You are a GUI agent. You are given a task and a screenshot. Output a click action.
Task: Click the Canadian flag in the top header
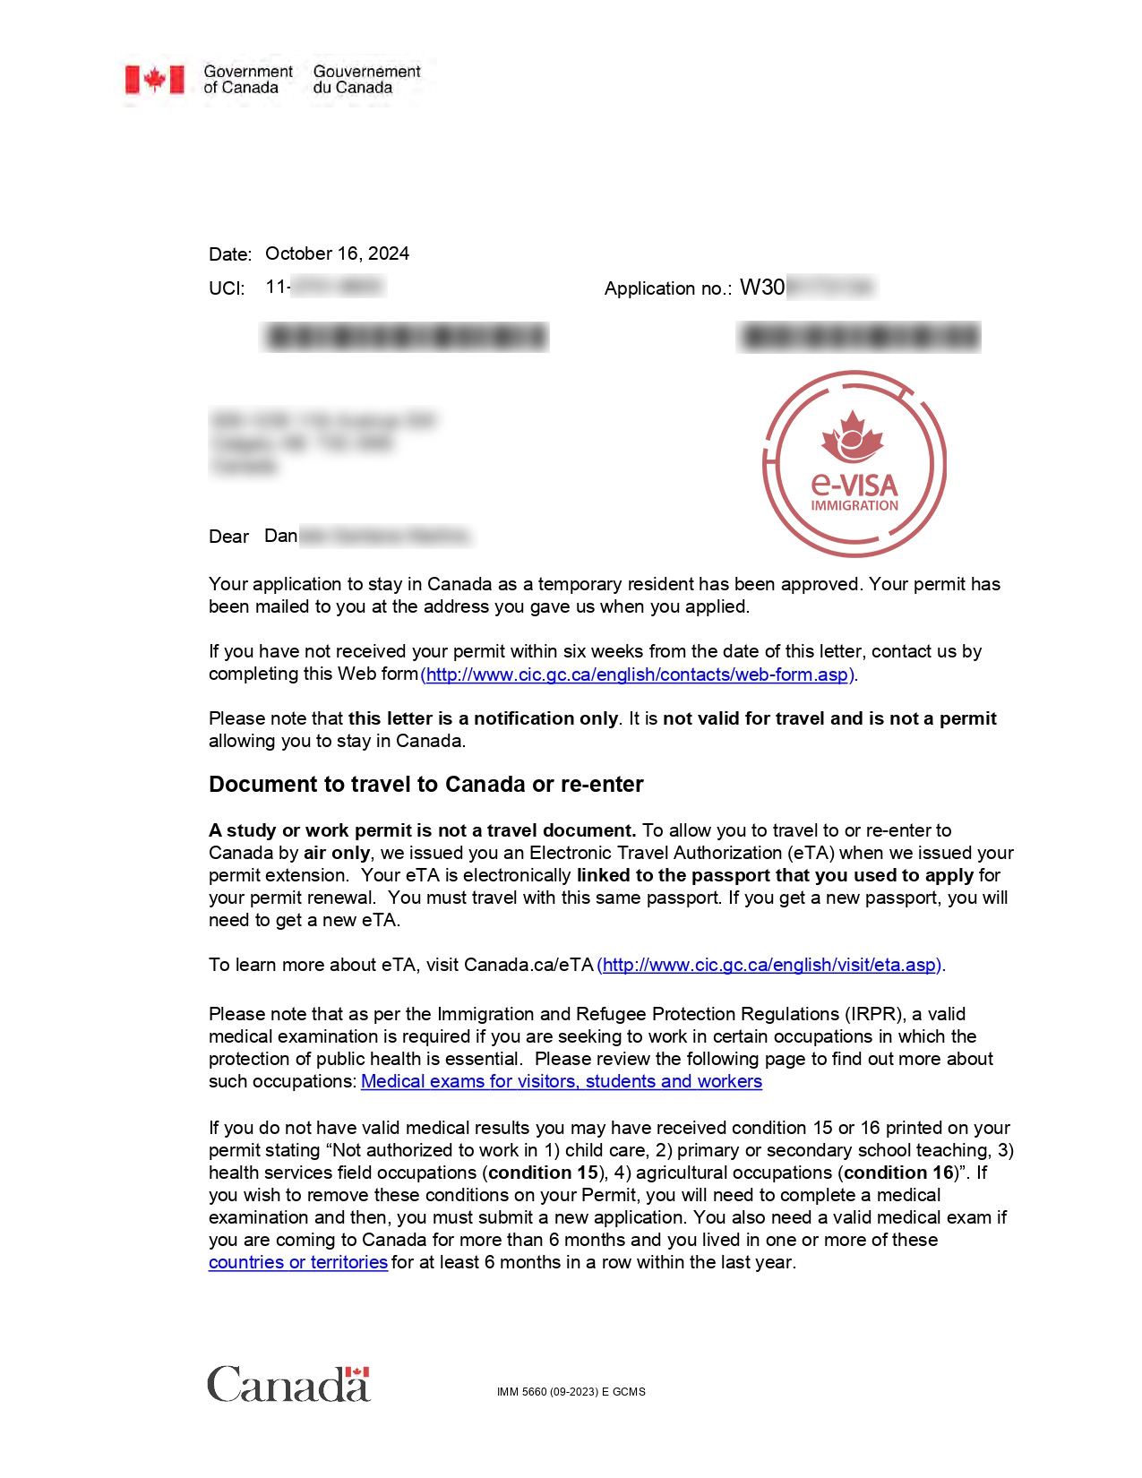coord(154,80)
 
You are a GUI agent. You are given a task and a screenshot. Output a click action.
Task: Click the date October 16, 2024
coord(337,253)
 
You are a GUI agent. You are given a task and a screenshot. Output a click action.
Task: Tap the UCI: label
coord(227,288)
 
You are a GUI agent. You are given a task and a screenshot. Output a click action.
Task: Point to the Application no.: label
coord(667,288)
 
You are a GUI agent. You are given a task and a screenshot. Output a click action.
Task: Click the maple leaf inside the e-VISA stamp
coord(852,437)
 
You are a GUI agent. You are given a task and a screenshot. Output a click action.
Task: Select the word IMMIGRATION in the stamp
coord(854,506)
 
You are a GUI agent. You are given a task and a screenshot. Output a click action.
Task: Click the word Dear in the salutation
coord(228,537)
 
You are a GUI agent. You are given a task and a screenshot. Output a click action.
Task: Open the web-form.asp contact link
coord(638,675)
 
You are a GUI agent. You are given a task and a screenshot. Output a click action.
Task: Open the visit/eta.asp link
coord(770,965)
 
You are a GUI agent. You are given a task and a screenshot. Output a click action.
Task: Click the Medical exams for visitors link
coord(561,1082)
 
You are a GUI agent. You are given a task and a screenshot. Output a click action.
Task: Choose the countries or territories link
coord(297,1263)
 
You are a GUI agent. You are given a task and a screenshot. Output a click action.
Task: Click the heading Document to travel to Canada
coord(425,785)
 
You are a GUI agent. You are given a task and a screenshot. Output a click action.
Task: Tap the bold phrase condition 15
coord(543,1173)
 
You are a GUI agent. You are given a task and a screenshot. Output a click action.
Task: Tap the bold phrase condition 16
coord(899,1173)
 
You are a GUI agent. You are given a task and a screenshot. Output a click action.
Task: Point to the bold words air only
coord(336,853)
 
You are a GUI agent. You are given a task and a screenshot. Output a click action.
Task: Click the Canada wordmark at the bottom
coord(288,1384)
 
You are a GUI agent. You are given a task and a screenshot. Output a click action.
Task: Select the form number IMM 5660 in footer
coord(571,1392)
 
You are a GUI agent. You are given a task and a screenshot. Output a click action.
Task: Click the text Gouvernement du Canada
coord(366,80)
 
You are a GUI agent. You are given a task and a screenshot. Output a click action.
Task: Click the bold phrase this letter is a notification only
coord(483,718)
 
